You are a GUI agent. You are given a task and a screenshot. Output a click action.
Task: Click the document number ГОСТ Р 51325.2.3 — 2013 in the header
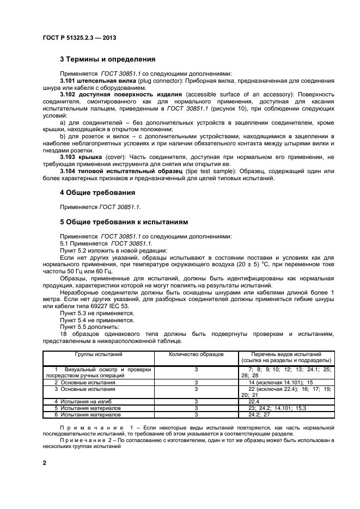coord(79,38)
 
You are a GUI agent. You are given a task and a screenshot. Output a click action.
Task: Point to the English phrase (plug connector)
coord(158,81)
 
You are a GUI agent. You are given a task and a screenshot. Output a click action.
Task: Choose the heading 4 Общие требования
coord(98,193)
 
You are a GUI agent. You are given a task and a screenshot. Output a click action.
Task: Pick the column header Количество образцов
coord(196,354)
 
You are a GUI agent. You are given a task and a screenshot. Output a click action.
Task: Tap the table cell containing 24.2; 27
coord(259,414)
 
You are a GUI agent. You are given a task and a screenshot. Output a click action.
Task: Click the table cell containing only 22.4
coord(254,401)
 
